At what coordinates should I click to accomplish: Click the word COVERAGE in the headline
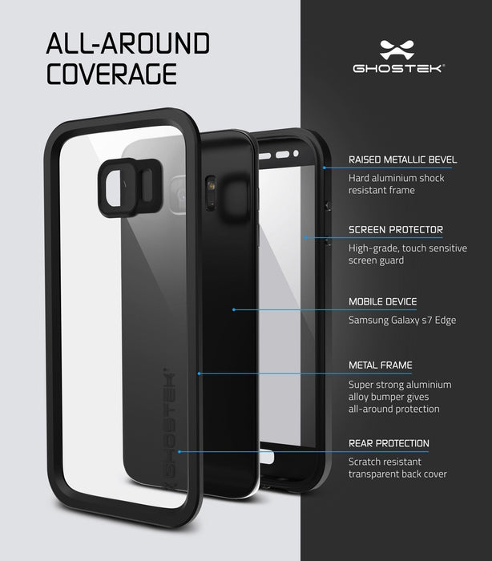(x=111, y=74)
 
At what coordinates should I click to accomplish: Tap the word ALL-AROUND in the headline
(x=128, y=43)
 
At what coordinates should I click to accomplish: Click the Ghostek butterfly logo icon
(x=397, y=50)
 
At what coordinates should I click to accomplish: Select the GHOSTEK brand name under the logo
(x=399, y=68)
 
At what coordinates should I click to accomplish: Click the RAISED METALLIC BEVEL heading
(x=403, y=159)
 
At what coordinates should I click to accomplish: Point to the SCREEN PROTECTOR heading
(x=396, y=230)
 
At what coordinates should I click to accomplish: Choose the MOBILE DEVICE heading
(x=382, y=301)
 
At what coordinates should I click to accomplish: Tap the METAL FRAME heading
(x=381, y=365)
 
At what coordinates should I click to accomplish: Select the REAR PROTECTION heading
(x=389, y=443)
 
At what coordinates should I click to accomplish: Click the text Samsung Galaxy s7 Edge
(x=402, y=320)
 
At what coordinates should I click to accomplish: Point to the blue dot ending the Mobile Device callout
(x=234, y=309)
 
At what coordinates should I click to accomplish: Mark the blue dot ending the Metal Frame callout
(x=199, y=373)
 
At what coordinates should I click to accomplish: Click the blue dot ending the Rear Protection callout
(x=179, y=452)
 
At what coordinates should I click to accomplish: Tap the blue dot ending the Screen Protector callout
(x=305, y=237)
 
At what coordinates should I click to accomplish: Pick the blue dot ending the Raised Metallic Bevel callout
(x=325, y=167)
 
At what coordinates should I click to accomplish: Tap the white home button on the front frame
(x=267, y=458)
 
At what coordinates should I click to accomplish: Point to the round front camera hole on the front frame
(x=296, y=154)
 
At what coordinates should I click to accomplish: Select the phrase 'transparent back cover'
(x=397, y=474)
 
